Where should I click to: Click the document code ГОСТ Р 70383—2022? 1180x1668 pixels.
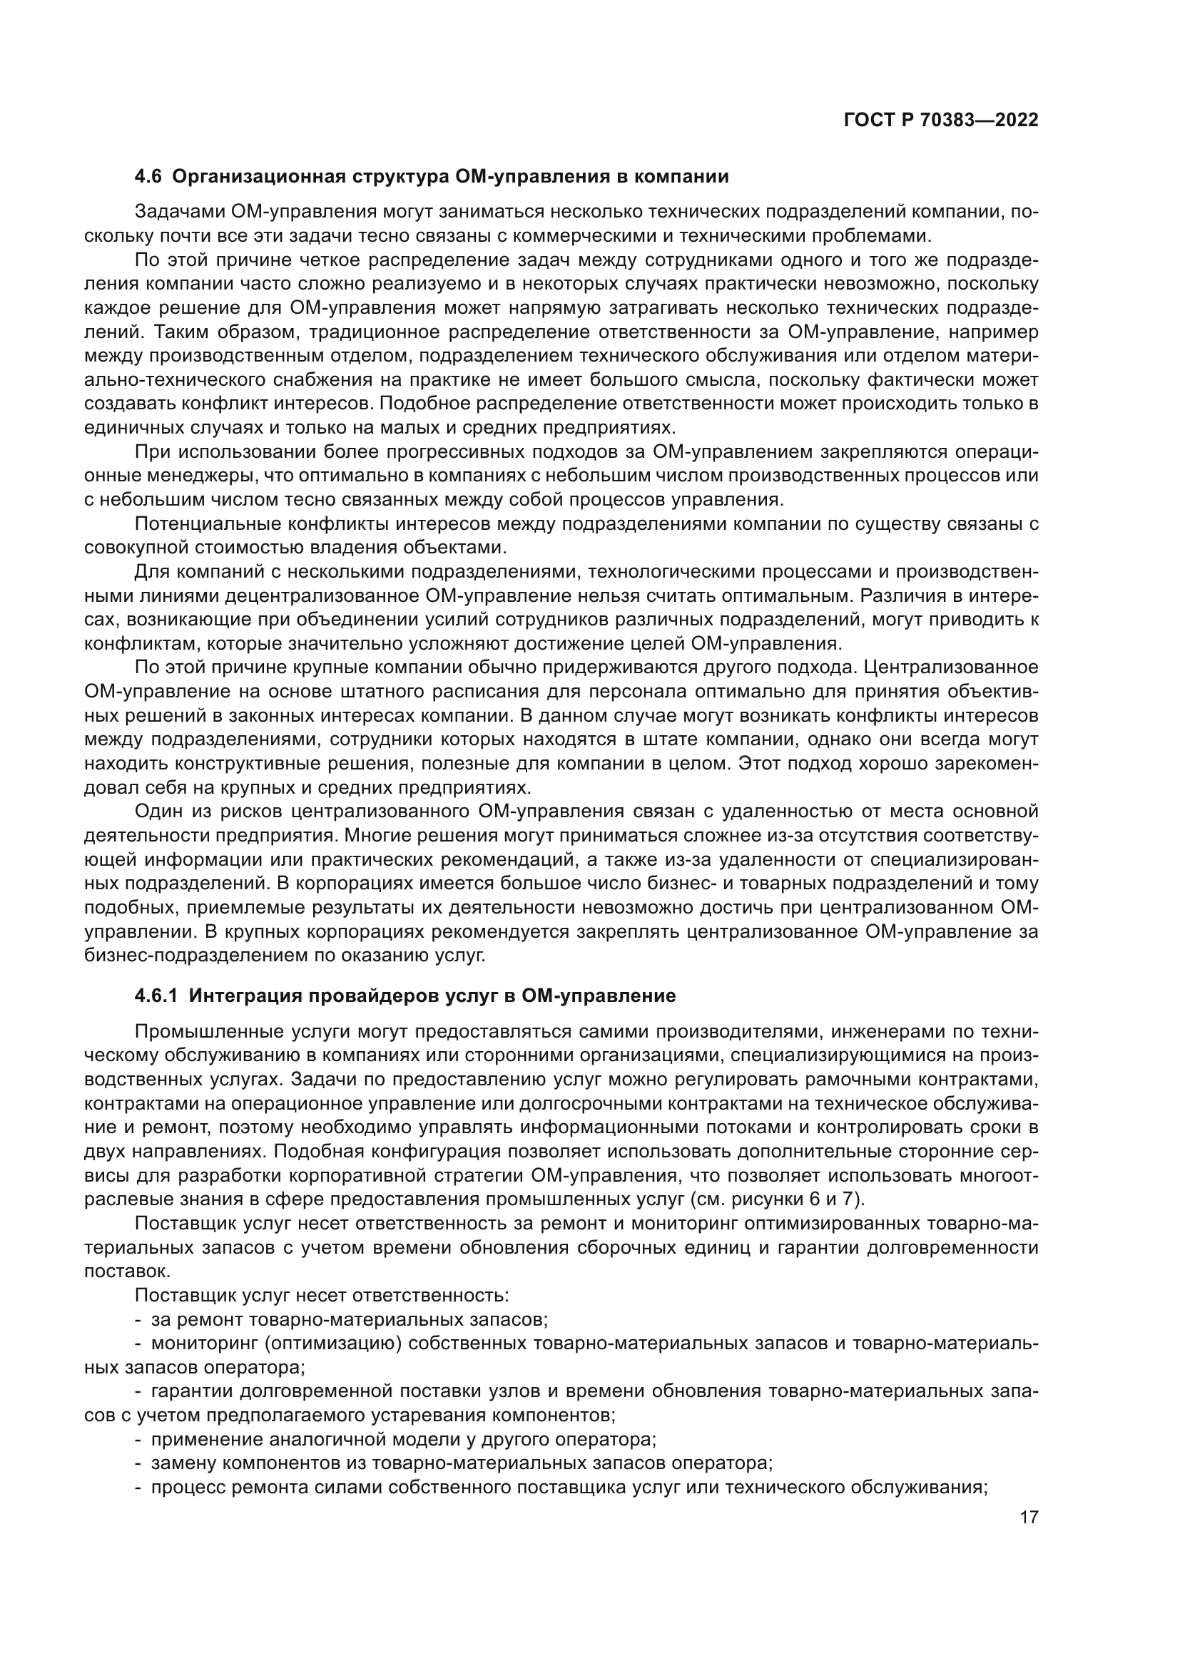pyautogui.click(x=941, y=121)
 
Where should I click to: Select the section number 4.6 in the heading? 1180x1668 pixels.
pyautogui.click(x=151, y=177)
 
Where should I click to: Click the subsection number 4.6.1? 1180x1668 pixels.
pyautogui.click(x=157, y=996)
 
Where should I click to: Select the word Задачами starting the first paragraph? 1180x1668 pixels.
pyautogui.click(x=179, y=212)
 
